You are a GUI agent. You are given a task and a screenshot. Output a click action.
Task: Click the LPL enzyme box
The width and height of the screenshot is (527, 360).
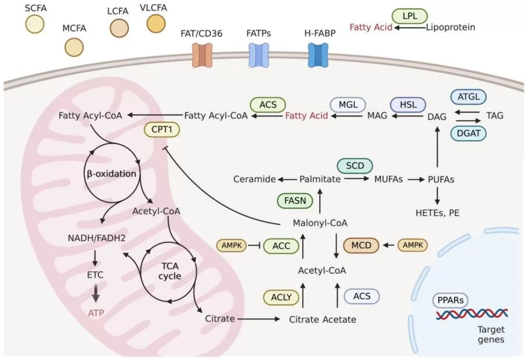pyautogui.click(x=410, y=15)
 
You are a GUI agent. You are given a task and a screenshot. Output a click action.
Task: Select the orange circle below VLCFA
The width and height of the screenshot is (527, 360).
pyautogui.click(x=156, y=23)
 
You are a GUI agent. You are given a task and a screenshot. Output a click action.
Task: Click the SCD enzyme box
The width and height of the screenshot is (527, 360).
pyautogui.click(x=354, y=166)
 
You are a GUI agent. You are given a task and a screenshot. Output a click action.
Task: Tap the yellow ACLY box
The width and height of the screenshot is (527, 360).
pyautogui.click(x=281, y=297)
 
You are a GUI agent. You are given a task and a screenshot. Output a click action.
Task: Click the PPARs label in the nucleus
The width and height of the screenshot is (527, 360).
pyautogui.click(x=451, y=301)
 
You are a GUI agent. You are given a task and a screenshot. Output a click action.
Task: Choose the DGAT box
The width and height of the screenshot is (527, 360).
pyautogui.click(x=469, y=134)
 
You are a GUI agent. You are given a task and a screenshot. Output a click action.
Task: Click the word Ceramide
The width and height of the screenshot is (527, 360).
pyautogui.click(x=254, y=179)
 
